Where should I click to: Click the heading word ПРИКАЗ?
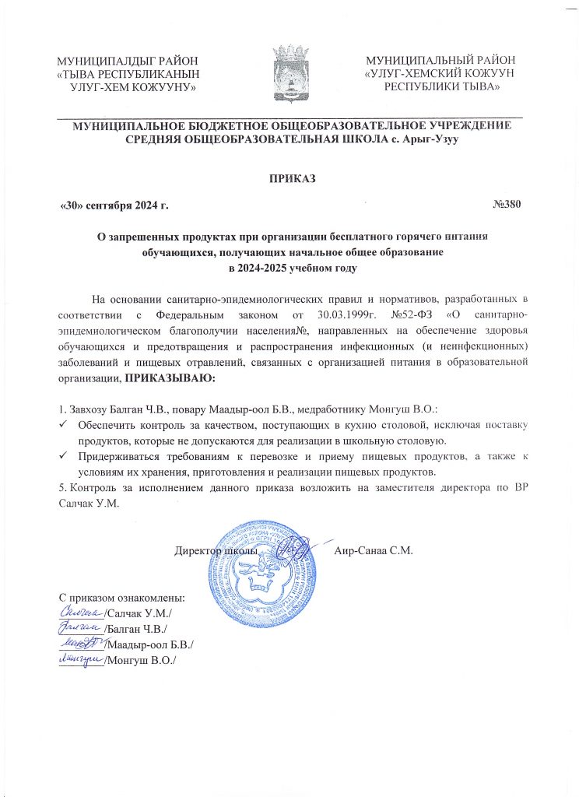click(x=290, y=177)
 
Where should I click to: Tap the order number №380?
click(x=507, y=205)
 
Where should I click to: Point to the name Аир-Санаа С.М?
click(x=373, y=550)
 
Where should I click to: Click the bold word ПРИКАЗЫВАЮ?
click(x=170, y=377)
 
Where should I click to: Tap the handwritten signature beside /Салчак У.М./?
click(x=80, y=613)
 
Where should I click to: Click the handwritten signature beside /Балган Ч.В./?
click(x=80, y=628)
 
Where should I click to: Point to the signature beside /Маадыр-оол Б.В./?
click(x=80, y=644)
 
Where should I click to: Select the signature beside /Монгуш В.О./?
click(x=80, y=660)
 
